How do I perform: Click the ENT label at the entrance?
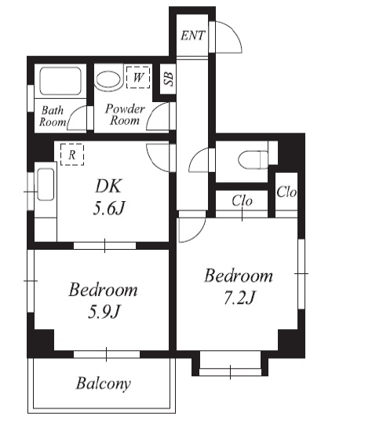click(x=192, y=35)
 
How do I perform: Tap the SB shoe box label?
click(x=169, y=79)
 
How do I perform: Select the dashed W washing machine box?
click(x=138, y=77)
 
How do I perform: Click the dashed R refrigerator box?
click(x=72, y=155)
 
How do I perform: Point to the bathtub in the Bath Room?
click(x=60, y=81)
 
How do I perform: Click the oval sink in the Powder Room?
click(x=108, y=80)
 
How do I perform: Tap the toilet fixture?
click(x=254, y=159)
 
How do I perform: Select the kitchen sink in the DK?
click(x=46, y=184)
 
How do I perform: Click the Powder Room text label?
click(x=125, y=115)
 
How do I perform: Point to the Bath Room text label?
click(x=53, y=116)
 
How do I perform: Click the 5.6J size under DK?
click(x=109, y=208)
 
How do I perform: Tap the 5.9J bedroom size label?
click(x=104, y=312)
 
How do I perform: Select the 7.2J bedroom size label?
click(x=239, y=298)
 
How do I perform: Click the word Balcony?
click(x=104, y=383)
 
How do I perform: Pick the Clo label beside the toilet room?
click(x=286, y=192)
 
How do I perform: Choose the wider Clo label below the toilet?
click(x=242, y=200)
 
